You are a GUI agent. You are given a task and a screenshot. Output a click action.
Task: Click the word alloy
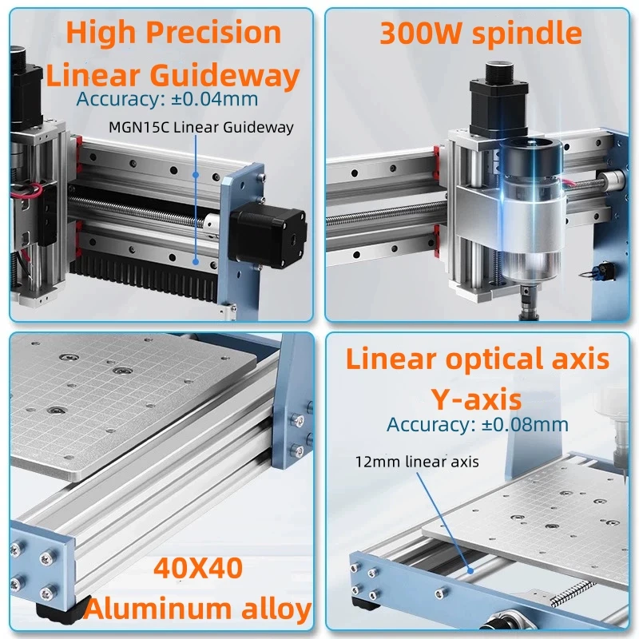(272, 609)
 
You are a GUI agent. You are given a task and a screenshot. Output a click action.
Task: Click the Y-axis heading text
(476, 397)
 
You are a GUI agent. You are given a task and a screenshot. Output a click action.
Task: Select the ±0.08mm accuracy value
(524, 424)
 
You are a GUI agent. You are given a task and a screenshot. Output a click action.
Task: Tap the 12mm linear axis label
(418, 461)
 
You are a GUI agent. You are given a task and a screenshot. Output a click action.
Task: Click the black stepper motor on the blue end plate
(268, 234)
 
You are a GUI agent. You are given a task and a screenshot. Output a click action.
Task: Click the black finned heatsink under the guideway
(136, 284)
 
